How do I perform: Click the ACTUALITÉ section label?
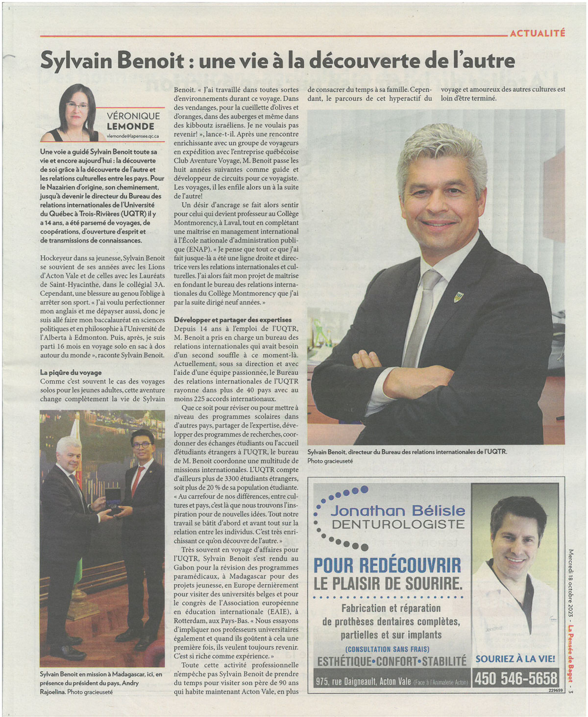537,33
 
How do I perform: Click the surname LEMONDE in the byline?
133,126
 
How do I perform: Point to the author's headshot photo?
75,113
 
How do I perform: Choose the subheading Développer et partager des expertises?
233,320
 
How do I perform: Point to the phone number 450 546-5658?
515,679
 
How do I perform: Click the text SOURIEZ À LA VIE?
515,659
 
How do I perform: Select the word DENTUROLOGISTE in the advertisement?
398,524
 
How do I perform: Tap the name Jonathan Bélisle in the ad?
397,511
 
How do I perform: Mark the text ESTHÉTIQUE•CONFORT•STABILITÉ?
392,662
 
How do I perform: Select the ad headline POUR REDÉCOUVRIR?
387,565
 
